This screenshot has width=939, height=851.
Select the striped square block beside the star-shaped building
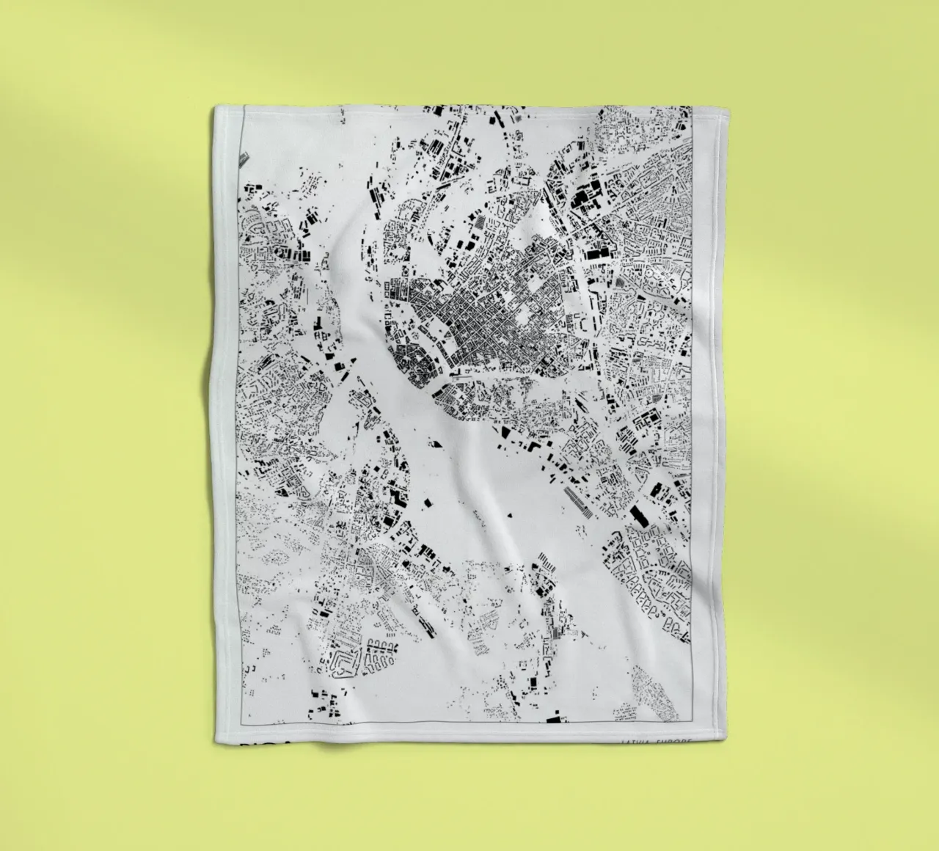[476, 222]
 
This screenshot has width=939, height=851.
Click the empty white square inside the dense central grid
[523, 317]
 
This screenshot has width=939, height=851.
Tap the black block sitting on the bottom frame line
[555, 712]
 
